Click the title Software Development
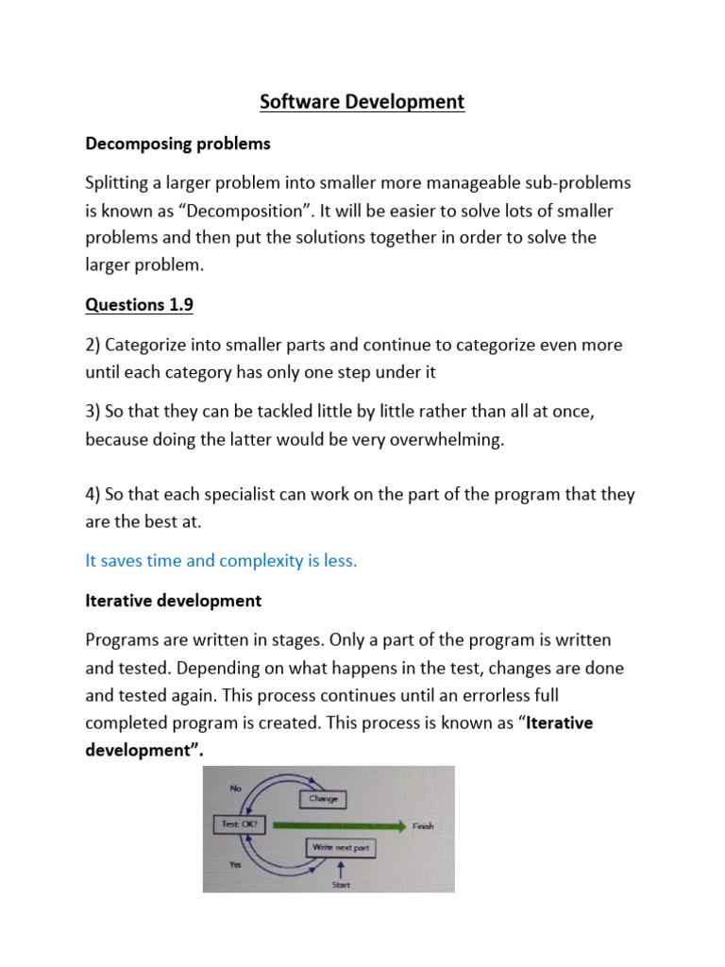[362, 102]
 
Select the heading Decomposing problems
[177, 144]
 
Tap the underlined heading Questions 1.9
[146, 304]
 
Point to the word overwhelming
[443, 439]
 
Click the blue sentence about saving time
[221, 560]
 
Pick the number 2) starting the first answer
[93, 345]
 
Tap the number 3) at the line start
[93, 412]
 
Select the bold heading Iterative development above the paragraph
[173, 601]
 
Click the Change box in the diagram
[322, 799]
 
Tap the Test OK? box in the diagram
[239, 824]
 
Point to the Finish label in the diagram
[423, 826]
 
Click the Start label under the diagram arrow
[340, 885]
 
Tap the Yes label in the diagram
[234, 863]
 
